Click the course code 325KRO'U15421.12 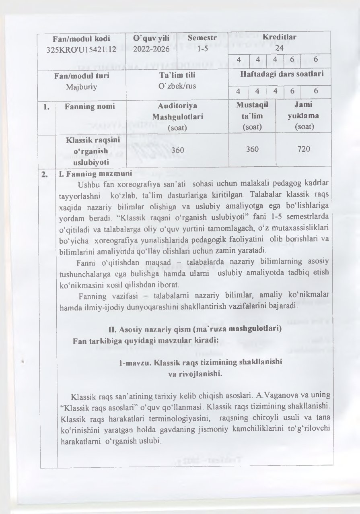point(82,49)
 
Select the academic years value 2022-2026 point(151,49)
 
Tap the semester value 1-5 point(202,49)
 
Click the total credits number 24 point(279,47)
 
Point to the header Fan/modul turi point(82,75)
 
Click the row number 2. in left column point(47,175)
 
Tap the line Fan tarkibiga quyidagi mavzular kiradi point(146,340)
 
